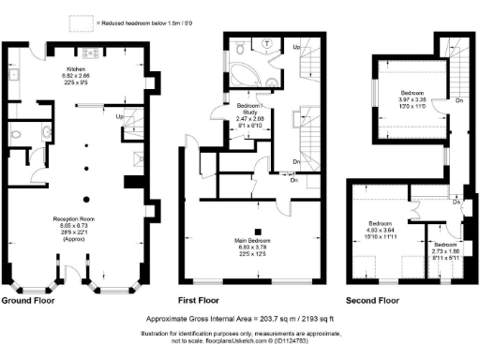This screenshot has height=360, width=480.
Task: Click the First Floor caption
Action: [x=220, y=301]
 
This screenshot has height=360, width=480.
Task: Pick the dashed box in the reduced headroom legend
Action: [x=94, y=18]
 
